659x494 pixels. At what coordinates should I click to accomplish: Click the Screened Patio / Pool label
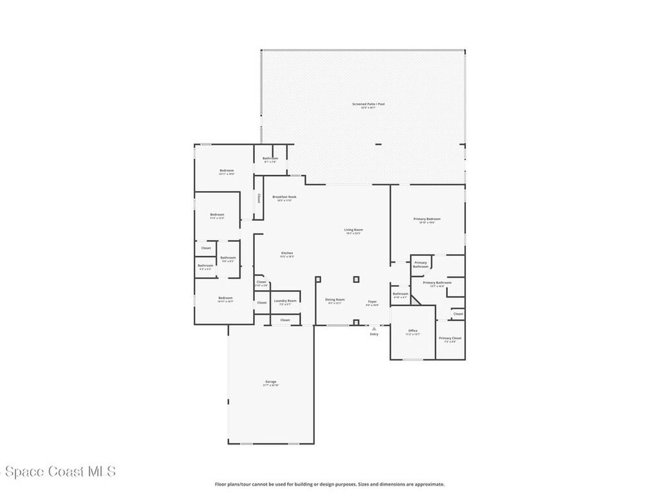click(x=363, y=104)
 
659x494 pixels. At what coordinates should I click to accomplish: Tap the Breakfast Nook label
click(x=284, y=197)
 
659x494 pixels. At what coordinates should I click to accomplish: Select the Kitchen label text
click(x=287, y=253)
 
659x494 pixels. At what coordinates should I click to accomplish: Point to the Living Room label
click(x=353, y=230)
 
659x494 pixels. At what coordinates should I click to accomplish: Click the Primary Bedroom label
click(x=427, y=219)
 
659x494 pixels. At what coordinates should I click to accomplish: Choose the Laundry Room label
click(x=285, y=300)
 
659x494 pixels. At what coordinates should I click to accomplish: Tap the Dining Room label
click(x=335, y=300)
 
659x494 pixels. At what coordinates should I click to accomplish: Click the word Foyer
click(x=372, y=301)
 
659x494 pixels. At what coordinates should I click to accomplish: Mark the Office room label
click(x=413, y=331)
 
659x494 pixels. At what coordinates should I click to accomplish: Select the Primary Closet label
click(x=450, y=338)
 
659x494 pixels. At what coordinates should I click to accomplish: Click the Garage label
click(x=271, y=381)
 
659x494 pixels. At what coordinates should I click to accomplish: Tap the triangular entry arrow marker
click(x=374, y=328)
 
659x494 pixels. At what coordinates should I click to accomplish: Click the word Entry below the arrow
click(x=374, y=334)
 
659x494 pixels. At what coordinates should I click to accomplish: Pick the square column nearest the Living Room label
click(x=356, y=279)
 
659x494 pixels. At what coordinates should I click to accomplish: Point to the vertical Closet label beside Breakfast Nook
click(x=259, y=199)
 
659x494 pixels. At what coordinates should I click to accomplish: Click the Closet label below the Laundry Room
click(x=285, y=320)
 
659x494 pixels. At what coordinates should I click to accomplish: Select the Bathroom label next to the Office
click(x=400, y=293)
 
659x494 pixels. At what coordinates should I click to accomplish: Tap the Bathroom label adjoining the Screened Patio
click(x=270, y=158)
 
